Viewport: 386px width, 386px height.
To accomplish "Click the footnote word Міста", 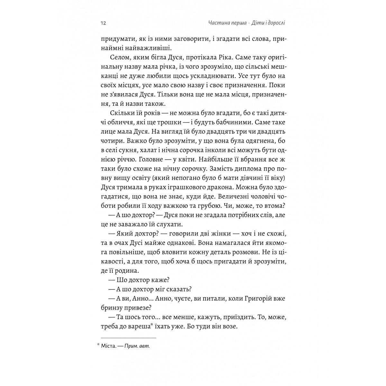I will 110,346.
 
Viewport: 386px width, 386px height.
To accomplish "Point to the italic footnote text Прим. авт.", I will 139,346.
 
